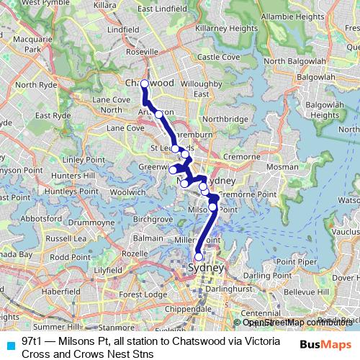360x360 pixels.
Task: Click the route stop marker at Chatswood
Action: click(x=144, y=84)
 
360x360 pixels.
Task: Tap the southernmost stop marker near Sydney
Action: click(x=199, y=256)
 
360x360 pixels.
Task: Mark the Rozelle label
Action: click(x=135, y=253)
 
